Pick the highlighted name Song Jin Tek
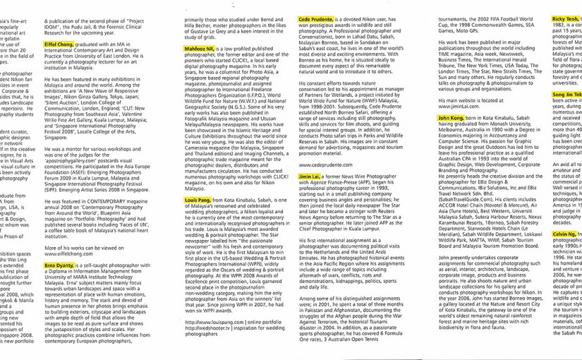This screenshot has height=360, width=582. pyautogui.click(x=566, y=93)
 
